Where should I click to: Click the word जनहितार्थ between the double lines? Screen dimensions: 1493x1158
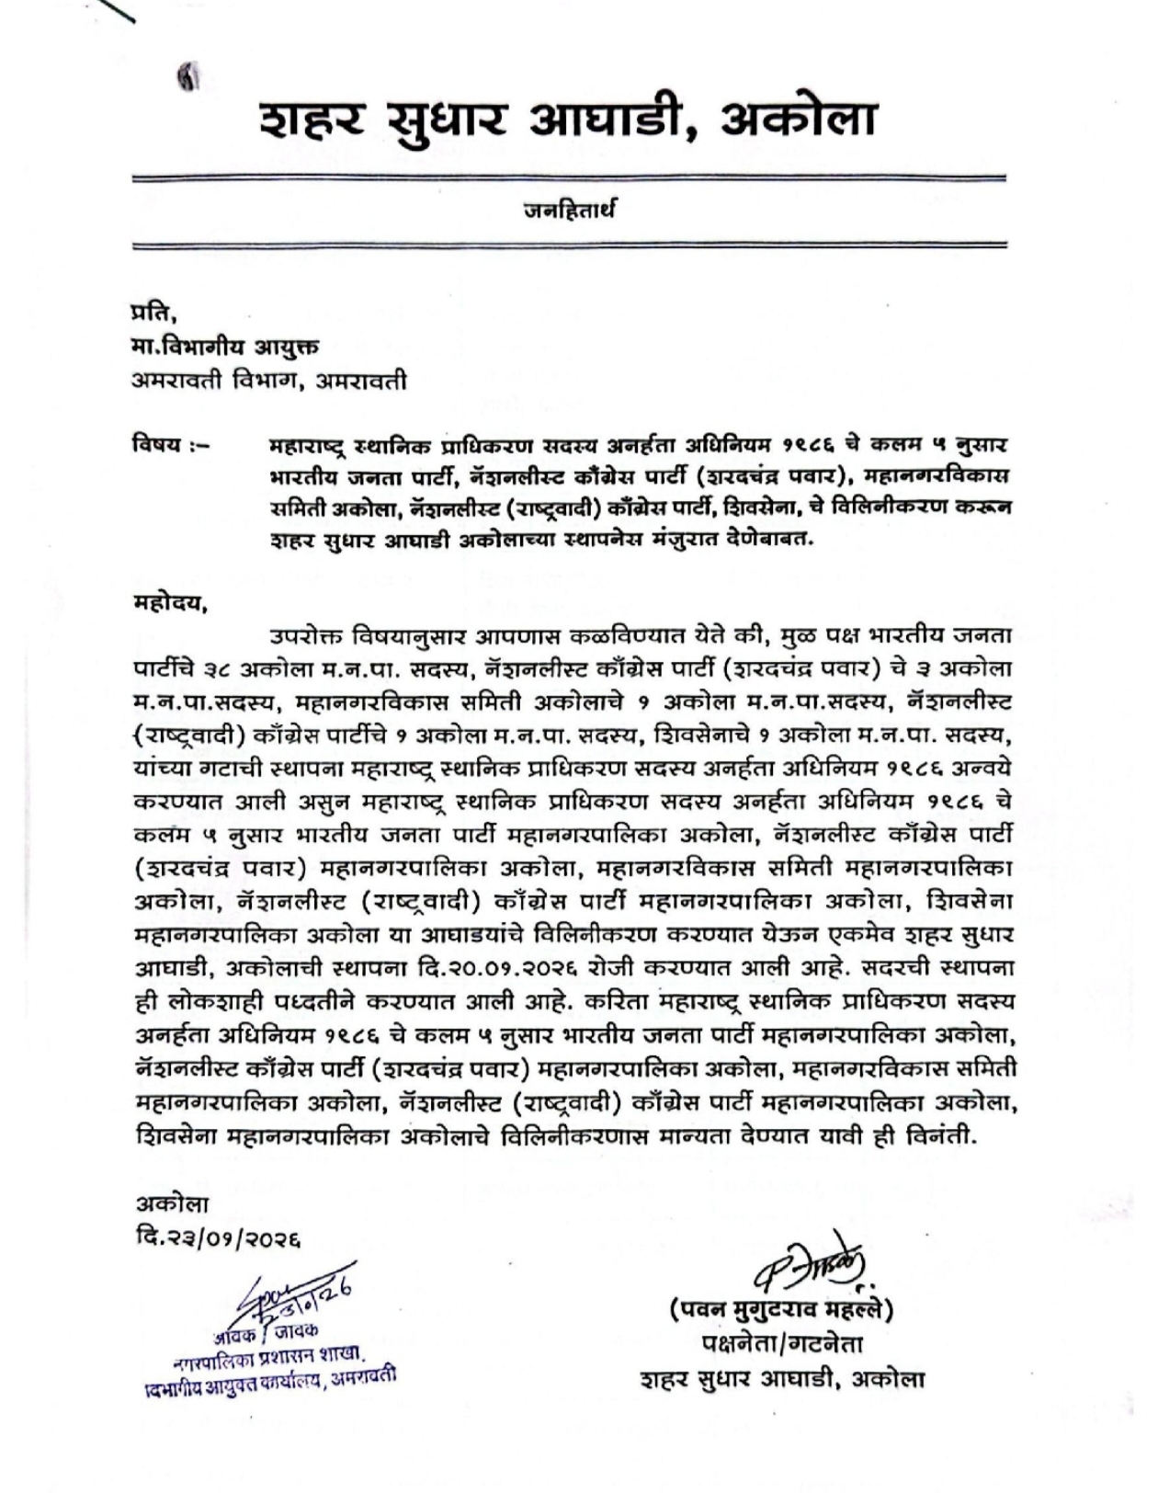click(x=570, y=211)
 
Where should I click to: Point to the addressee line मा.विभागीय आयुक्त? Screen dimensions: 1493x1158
click(x=225, y=348)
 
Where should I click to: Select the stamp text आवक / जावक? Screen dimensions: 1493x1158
click(x=277, y=1329)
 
